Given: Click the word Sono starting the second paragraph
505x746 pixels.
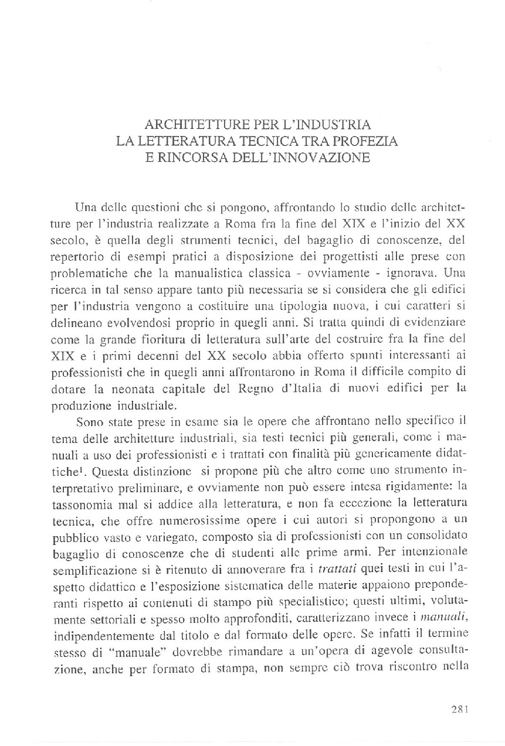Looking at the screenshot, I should point(89,403).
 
